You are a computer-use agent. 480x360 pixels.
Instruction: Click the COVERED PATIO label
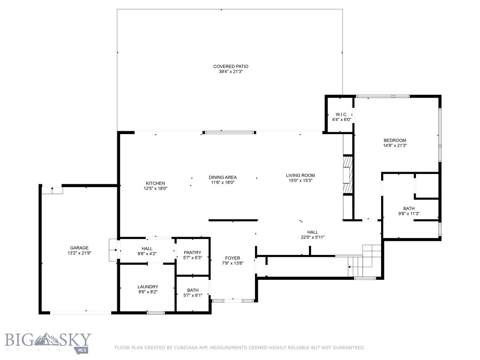click(x=231, y=67)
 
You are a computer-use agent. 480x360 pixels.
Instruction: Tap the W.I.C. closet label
click(x=341, y=114)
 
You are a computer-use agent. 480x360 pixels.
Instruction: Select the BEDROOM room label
click(x=395, y=141)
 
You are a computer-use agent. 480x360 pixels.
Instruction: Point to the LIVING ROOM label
click(x=300, y=175)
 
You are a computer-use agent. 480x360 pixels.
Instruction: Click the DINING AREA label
click(x=223, y=177)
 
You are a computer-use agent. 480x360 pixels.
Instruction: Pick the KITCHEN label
click(x=155, y=183)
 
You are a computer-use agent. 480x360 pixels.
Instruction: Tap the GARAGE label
click(x=79, y=248)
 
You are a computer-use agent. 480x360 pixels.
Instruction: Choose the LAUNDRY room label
click(x=148, y=287)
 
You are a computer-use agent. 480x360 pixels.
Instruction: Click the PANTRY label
click(x=193, y=253)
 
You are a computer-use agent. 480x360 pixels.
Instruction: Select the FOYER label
click(x=232, y=258)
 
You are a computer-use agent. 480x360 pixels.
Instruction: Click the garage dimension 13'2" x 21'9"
click(x=80, y=253)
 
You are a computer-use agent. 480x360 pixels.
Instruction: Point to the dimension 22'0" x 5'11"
click(x=313, y=237)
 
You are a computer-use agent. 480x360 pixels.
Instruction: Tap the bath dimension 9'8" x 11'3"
click(x=409, y=214)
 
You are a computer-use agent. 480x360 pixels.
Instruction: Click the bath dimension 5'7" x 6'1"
click(x=193, y=295)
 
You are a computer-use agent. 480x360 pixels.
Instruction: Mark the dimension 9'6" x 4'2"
click(x=147, y=254)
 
